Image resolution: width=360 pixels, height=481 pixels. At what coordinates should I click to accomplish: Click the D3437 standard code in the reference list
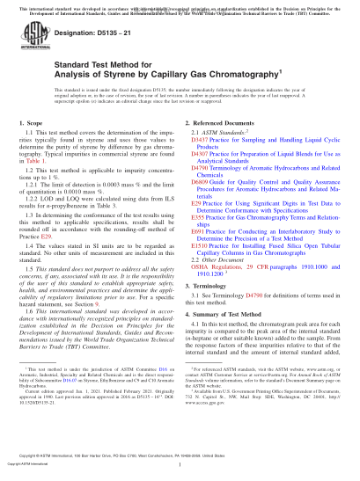pyautogui.click(x=198, y=141)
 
